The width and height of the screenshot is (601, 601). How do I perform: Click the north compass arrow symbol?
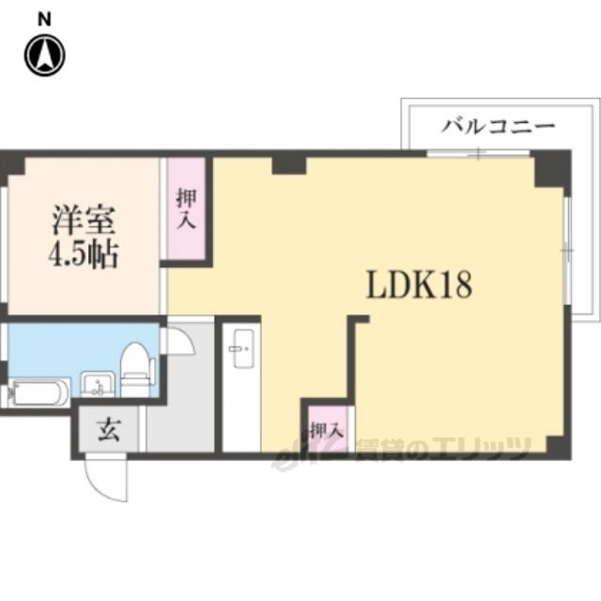[45, 55]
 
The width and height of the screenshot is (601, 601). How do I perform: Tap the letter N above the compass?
[44, 20]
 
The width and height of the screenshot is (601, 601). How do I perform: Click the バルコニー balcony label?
[499, 126]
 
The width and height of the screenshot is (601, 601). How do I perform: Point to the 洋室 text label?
[84, 221]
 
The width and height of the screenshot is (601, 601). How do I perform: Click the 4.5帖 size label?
[84, 254]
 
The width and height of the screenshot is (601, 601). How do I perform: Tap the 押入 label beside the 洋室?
[187, 208]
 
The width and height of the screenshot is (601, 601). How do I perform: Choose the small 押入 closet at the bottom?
[326, 430]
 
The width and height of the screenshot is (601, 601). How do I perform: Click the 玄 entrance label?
[109, 429]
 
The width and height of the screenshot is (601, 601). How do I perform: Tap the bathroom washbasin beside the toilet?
[98, 384]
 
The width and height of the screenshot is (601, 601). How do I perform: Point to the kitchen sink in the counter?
[244, 348]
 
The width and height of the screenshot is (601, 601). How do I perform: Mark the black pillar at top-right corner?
[551, 169]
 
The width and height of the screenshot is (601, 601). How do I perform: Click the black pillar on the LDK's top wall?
[289, 165]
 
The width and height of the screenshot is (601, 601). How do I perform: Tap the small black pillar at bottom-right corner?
[558, 446]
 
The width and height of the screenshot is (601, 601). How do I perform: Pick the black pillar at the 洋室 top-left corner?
[13, 164]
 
